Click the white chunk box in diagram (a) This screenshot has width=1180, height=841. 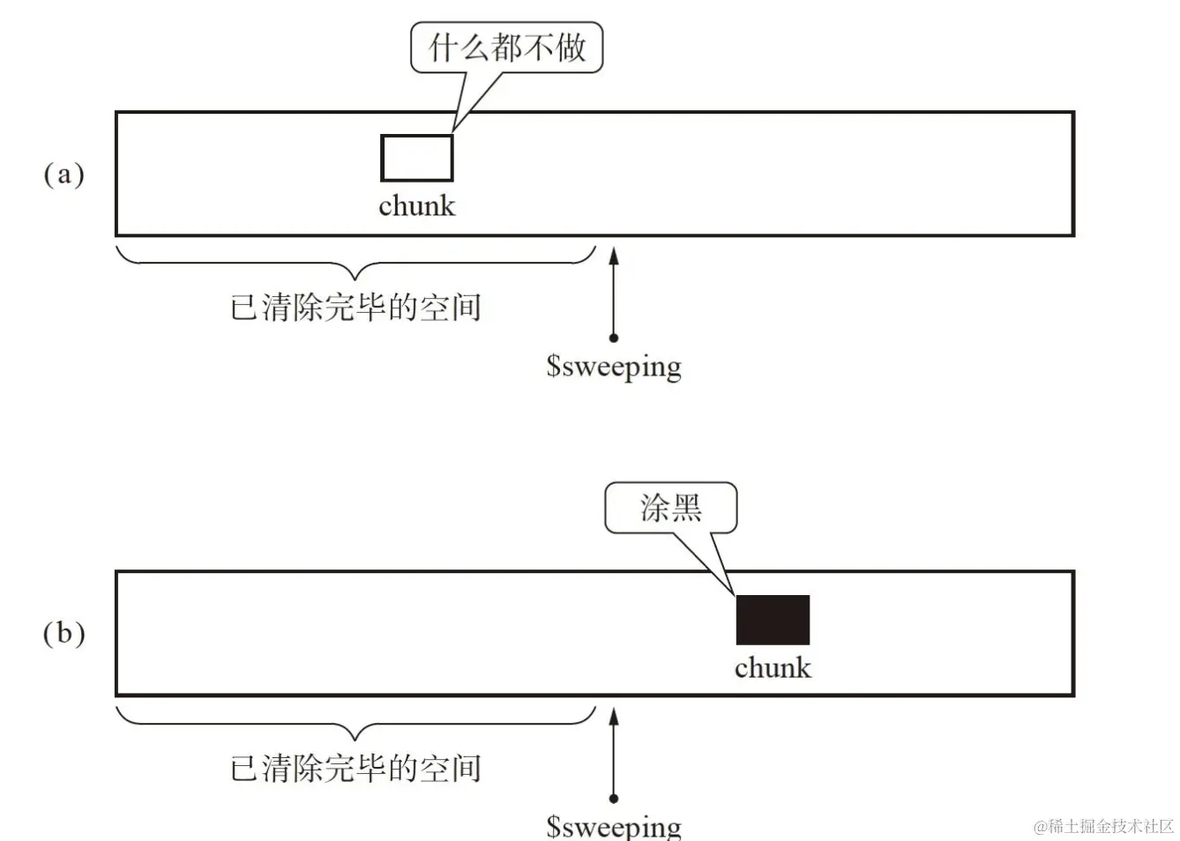pyautogui.click(x=416, y=158)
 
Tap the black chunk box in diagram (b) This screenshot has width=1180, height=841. pyautogui.click(x=773, y=620)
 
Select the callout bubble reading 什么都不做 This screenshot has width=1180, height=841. pyautogui.click(x=506, y=48)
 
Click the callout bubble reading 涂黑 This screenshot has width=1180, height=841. pyautogui.click(x=670, y=508)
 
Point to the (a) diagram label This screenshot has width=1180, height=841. pyautogui.click(x=64, y=174)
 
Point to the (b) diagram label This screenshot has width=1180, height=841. pyautogui.click(x=64, y=633)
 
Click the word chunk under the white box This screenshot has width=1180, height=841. pyautogui.click(x=416, y=205)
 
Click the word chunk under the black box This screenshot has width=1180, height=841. pyautogui.click(x=773, y=667)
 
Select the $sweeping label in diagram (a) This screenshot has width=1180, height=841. pyautogui.click(x=614, y=365)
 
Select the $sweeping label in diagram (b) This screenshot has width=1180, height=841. pyautogui.click(x=614, y=826)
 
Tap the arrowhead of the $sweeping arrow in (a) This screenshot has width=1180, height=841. pyautogui.click(x=614, y=256)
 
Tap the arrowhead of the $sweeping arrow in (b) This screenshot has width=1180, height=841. pyautogui.click(x=614, y=716)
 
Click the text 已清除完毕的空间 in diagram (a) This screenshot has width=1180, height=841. pyautogui.click(x=355, y=308)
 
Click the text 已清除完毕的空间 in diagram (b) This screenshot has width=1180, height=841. pyautogui.click(x=355, y=768)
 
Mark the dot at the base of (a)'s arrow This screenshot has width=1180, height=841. pyautogui.click(x=614, y=338)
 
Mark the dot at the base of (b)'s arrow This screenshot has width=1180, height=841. pyautogui.click(x=614, y=799)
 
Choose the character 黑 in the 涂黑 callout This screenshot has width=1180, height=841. pyautogui.click(x=686, y=508)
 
